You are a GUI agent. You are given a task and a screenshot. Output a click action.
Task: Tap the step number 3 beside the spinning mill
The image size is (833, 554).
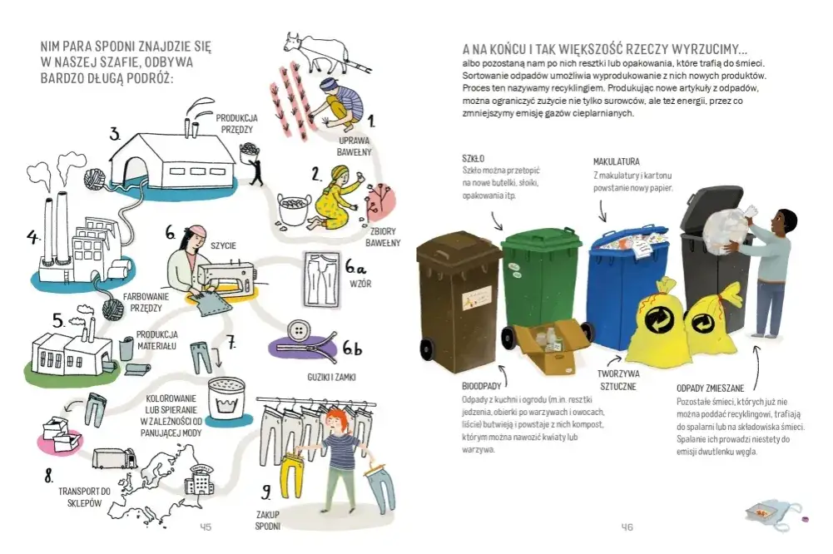coord(115,135)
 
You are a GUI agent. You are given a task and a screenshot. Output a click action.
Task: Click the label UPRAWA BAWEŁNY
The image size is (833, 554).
coord(354,146)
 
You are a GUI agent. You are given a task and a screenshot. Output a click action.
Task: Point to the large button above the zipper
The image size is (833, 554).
coord(299,331)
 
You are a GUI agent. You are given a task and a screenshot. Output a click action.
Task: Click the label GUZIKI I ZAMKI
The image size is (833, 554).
coord(331,377)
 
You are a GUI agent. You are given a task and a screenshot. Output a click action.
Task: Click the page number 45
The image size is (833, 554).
coord(205,527)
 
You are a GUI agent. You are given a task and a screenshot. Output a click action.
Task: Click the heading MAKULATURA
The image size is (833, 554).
coord(617,161)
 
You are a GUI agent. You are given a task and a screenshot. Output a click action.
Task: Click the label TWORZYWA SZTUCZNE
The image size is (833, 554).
coord(617,380)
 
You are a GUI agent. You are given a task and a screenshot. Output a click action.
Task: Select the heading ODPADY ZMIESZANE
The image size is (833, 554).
coord(711,388)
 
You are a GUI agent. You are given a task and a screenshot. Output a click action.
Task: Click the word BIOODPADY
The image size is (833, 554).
coord(482,386)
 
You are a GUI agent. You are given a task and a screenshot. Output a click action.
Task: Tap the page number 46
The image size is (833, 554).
coord(627,527)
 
